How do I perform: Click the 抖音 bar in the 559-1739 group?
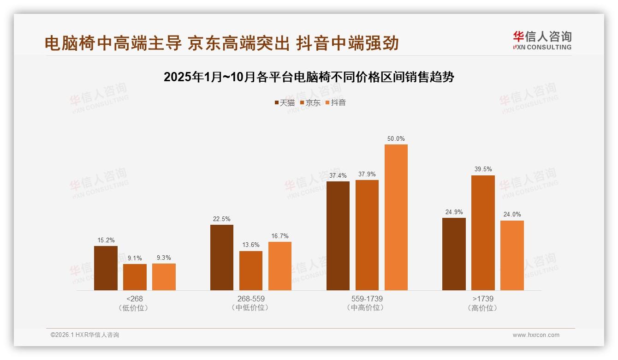pos(396,217)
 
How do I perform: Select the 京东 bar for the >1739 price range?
pos(483,233)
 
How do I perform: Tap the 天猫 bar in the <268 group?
pos(106,268)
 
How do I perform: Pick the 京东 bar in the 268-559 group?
pos(251,270)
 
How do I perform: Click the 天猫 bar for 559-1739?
pos(338,236)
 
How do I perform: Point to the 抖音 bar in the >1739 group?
pos(512,255)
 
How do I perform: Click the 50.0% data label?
pos(396,139)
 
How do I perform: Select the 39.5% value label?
pos(483,169)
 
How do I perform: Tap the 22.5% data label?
pos(222,219)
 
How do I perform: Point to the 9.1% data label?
pos(135,258)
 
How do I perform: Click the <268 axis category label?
pos(134,299)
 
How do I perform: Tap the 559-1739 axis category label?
pos(367,299)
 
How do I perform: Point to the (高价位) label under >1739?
pos(482,308)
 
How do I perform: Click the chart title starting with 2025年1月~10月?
pos(309,77)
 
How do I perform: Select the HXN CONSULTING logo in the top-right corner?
pos(542,41)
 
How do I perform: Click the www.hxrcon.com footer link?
pos(536,335)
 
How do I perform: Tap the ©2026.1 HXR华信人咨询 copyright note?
pos(85,335)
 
